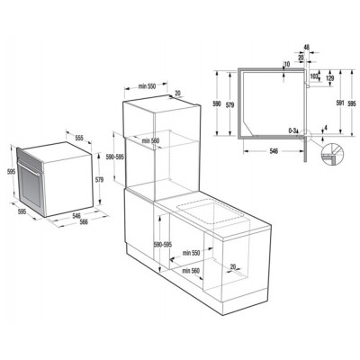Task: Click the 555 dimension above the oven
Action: (79, 139)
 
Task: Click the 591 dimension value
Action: (338, 103)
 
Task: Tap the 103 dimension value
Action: (313, 77)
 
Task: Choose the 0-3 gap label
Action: (292, 130)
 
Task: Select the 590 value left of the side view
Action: (216, 103)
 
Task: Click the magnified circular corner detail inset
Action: (330, 154)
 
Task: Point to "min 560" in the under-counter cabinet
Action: (190, 270)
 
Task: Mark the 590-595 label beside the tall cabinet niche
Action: (115, 157)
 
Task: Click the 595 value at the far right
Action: (352, 104)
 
